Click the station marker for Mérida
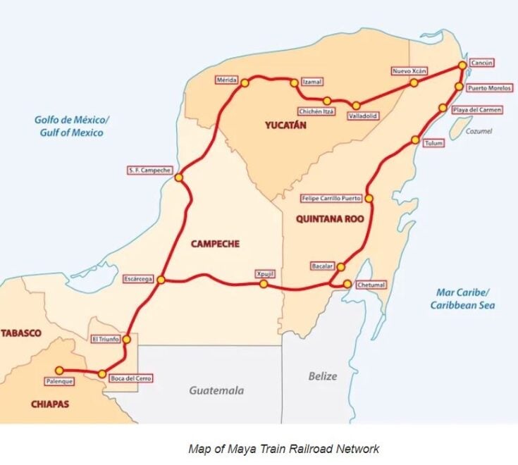coord(245,83)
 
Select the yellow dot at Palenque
coord(59,370)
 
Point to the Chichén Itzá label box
coord(316,111)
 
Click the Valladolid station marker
coord(356,105)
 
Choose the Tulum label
coord(433,143)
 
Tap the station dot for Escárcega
coord(161,280)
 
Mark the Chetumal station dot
coord(347,284)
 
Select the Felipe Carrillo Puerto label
coord(331,198)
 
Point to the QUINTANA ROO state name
coord(330,219)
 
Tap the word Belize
coord(323,376)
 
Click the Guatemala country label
coord(216,390)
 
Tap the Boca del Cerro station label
coord(130,378)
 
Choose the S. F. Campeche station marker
coord(179,178)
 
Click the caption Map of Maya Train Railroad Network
coord(283,448)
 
